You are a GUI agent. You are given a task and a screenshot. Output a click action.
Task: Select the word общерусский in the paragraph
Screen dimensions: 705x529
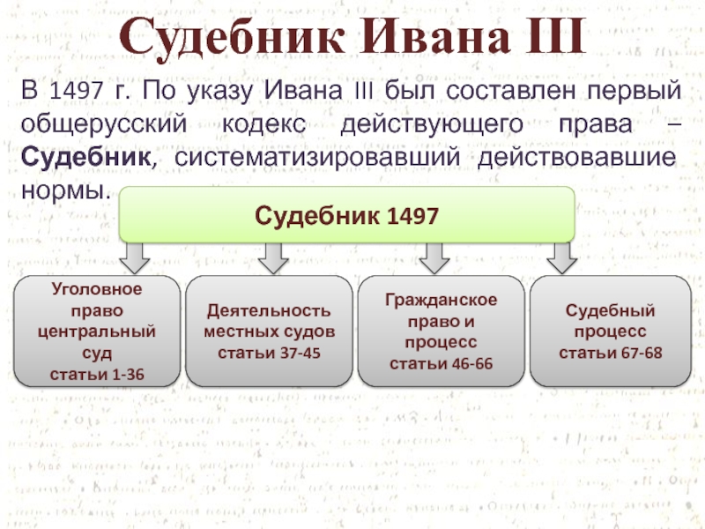click(x=104, y=124)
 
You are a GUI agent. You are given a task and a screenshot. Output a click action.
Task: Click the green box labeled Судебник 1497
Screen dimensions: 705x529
click(x=346, y=215)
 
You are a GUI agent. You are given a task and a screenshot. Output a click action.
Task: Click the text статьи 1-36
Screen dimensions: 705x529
click(x=98, y=375)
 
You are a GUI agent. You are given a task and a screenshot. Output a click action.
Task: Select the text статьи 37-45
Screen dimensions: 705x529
click(x=270, y=353)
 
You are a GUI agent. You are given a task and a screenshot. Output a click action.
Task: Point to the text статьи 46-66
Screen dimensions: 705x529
click(x=441, y=363)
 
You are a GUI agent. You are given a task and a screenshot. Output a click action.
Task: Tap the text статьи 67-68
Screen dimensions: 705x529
click(x=611, y=353)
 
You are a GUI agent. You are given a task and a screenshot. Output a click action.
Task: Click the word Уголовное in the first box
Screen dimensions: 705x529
click(x=98, y=288)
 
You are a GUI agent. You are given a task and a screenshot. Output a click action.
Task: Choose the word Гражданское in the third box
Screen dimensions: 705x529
click(x=441, y=301)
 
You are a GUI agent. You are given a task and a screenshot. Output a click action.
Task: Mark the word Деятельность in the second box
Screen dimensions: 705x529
click(x=270, y=311)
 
